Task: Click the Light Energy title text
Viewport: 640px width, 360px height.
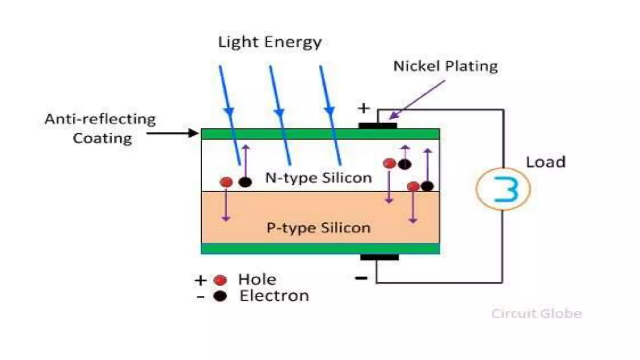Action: (x=270, y=42)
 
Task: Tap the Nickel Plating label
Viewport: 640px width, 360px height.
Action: (x=445, y=66)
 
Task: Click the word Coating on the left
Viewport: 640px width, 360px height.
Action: (x=102, y=138)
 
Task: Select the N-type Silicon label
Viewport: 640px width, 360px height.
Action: (x=318, y=178)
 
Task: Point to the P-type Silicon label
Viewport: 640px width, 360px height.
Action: (x=318, y=228)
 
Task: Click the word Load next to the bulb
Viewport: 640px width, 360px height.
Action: (x=546, y=162)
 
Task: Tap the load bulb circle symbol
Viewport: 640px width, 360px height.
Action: (x=503, y=189)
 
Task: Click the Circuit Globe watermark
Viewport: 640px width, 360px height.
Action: (x=536, y=313)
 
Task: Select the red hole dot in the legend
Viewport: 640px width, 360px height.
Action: (x=220, y=280)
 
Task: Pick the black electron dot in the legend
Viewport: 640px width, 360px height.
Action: (x=220, y=296)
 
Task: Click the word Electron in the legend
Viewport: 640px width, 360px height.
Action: (x=274, y=296)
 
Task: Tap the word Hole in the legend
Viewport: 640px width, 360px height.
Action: (x=257, y=279)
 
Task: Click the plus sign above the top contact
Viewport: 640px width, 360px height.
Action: (x=364, y=108)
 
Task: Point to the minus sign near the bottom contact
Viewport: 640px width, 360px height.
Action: (x=361, y=278)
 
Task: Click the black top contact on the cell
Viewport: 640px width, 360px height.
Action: (x=377, y=126)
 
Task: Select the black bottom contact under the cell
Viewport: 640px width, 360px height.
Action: (x=379, y=257)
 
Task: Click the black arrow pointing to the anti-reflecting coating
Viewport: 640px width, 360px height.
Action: (x=172, y=133)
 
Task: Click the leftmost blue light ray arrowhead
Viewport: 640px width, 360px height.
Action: (x=229, y=111)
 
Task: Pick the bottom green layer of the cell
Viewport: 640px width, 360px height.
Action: (x=320, y=249)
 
